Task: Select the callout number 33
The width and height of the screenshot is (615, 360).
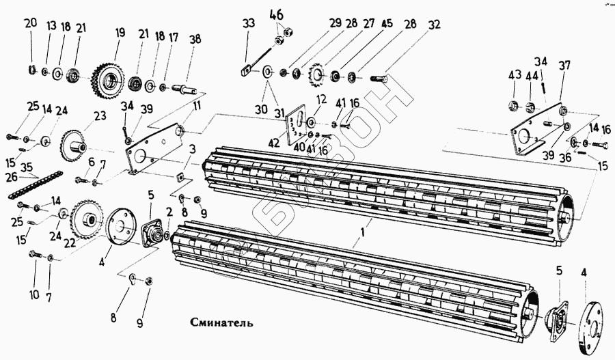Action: (x=248, y=23)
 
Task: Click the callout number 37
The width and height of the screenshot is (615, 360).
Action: (x=564, y=66)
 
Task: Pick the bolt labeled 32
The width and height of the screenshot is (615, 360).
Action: (x=378, y=79)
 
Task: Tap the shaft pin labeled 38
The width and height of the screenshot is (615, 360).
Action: (x=188, y=88)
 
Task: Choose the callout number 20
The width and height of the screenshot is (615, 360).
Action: (x=31, y=24)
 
